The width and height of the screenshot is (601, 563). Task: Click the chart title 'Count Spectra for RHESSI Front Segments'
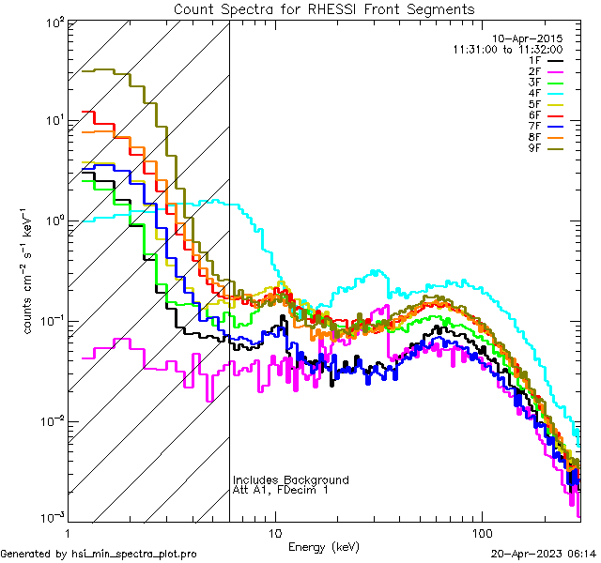[324, 9]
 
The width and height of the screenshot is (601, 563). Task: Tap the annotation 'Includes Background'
[290, 479]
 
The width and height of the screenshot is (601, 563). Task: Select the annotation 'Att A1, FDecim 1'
[281, 490]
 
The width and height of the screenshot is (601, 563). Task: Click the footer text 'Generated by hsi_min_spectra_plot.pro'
[99, 554]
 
